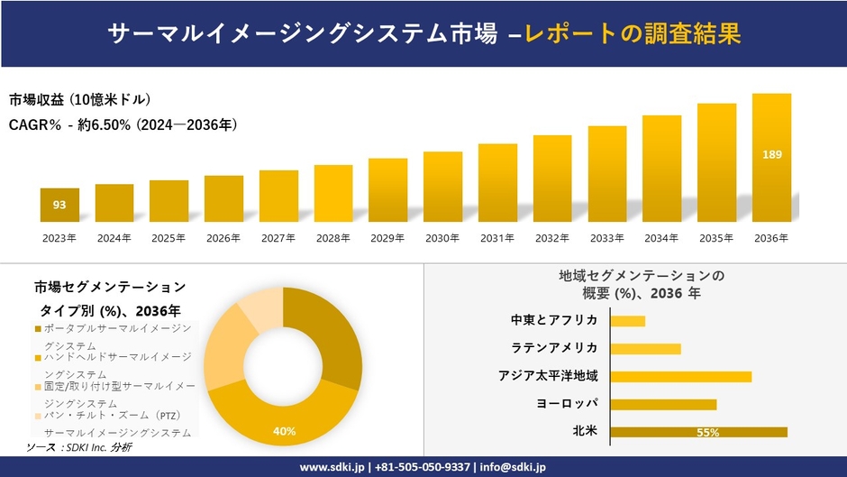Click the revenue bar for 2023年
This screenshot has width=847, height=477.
[59, 205]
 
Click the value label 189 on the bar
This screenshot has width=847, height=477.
[772, 155]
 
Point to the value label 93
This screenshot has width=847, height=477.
[59, 205]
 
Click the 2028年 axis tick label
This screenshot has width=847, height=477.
[333, 238]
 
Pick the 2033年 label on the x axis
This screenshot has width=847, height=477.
[606, 238]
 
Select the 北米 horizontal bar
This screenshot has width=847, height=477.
[698, 432]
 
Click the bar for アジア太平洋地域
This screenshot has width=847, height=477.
[680, 376]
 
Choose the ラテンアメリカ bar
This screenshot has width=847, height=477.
[645, 348]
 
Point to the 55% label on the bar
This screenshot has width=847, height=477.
[707, 433]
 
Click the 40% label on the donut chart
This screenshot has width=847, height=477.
[285, 431]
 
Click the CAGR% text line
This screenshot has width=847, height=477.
[123, 124]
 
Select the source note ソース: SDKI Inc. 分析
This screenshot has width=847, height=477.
[78, 447]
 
